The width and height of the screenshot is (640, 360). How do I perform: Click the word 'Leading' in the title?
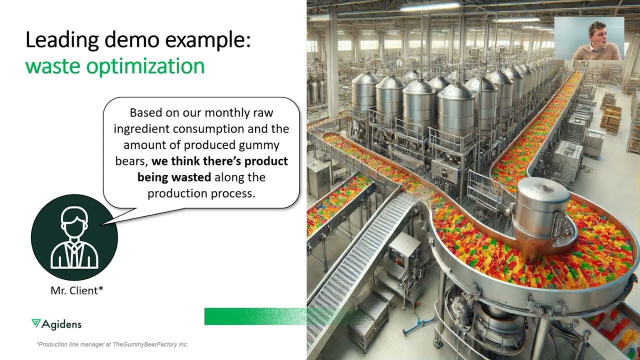click(x=62, y=40)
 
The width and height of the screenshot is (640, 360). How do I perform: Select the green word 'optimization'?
click(x=145, y=66)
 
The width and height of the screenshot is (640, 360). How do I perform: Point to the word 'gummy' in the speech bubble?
click(x=259, y=145)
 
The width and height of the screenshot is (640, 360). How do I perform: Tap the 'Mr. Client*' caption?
click(x=77, y=290)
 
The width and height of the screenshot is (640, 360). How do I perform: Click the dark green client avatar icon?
click(x=74, y=237)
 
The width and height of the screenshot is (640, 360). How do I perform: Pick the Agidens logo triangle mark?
click(x=36, y=323)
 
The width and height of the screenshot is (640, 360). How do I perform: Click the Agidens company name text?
click(x=61, y=324)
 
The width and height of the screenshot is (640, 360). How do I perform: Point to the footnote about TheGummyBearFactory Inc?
click(x=112, y=344)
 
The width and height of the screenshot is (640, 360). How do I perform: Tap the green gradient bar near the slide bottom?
click(x=255, y=316)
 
